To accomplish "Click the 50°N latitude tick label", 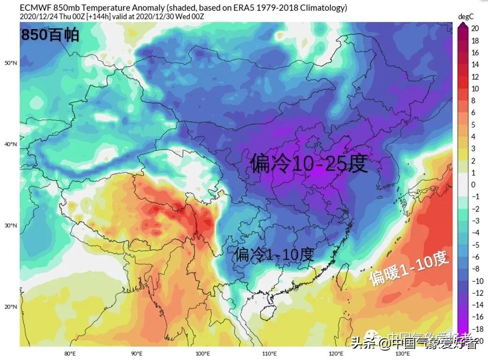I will tap(11, 63).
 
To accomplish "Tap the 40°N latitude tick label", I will tap(11, 144).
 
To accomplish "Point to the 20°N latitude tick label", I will tap(11, 307).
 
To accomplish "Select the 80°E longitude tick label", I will tap(70, 353).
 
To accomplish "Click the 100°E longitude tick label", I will tap(203, 353).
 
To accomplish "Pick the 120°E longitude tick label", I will tap(336, 353).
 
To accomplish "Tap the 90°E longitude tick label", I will tap(136, 353).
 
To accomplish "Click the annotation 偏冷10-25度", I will tap(308, 164).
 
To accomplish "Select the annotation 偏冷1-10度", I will tap(274, 255).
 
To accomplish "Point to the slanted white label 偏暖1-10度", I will tap(409, 268).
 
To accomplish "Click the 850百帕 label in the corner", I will tap(50, 36).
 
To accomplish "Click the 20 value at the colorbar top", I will tap(475, 29).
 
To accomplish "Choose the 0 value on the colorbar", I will tap(473, 185).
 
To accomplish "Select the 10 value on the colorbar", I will tap(475, 89).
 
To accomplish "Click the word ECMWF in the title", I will tap(34, 8).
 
